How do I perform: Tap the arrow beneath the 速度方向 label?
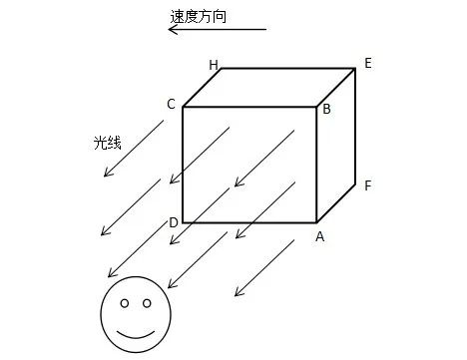pos(217,30)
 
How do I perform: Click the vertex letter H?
pos(214,65)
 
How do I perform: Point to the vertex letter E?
pos(367,63)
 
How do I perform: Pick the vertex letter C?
pos(172,104)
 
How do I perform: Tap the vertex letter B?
pos(326,109)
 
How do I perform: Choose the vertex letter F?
pos(367,185)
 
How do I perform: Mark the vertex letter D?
pos(174,221)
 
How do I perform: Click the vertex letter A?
pos(320,236)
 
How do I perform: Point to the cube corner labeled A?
pos(316,221)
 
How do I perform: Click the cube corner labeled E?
pos(355,69)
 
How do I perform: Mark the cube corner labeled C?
pos(183,107)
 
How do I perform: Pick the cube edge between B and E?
pos(336,88)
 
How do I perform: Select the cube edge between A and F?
pos(336,202)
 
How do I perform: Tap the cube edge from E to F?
pos(355,125)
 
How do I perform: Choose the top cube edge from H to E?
pos(287,69)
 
